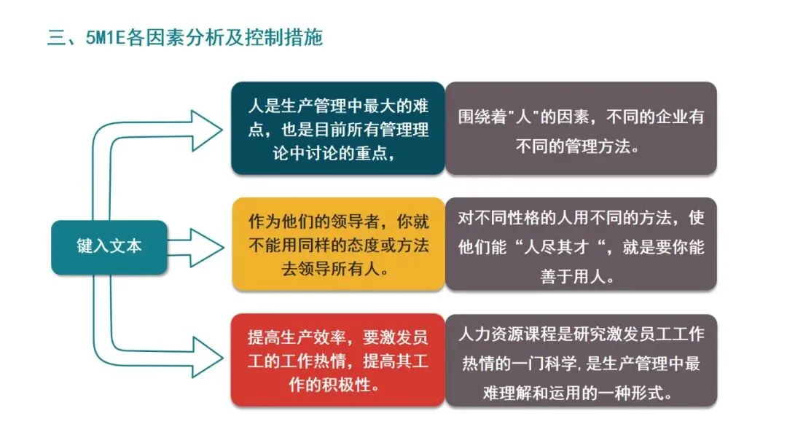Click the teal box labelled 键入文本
click(109, 246)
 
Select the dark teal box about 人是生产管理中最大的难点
click(337, 128)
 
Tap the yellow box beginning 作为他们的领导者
click(337, 245)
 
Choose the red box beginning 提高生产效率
click(337, 360)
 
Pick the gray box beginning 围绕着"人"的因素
click(580, 128)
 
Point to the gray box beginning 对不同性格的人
click(580, 245)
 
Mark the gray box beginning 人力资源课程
click(580, 360)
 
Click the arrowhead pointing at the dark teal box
click(207, 130)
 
